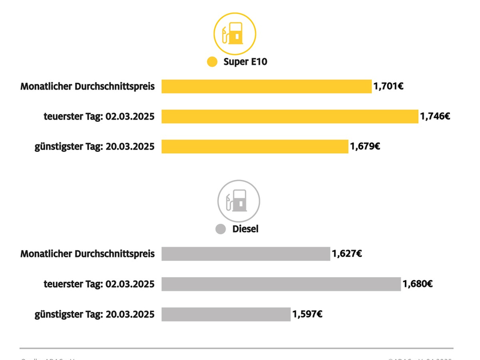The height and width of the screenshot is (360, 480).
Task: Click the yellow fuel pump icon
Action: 235,34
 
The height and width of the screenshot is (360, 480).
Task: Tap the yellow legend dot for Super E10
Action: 212,62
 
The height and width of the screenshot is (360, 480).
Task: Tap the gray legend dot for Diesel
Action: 220,229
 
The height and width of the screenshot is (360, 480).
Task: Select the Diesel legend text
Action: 245,229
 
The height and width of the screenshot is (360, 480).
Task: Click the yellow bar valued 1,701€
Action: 266,86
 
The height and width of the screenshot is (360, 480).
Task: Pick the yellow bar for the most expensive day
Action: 290,116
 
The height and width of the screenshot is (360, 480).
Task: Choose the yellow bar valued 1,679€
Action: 255,146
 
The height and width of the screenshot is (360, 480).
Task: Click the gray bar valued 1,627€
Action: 246,254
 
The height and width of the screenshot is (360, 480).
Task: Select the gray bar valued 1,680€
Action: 281,284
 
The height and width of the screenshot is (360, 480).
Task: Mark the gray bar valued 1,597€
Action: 226,314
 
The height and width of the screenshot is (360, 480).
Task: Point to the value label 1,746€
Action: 435,116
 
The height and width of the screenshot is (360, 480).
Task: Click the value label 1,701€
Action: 388,86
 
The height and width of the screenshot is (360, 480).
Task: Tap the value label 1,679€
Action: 365,146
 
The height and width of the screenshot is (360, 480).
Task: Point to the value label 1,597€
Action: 307,314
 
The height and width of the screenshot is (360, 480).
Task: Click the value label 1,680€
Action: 418,284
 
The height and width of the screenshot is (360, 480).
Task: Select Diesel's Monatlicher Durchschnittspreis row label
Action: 88,254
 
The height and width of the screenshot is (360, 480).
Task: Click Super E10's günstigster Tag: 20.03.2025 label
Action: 95,146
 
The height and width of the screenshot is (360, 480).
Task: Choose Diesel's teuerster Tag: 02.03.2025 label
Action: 99,284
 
